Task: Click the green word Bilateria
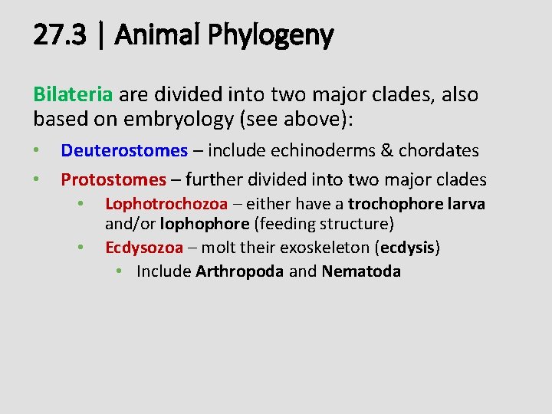coord(73,95)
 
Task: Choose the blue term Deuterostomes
coord(124,151)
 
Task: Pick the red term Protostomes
coord(113,179)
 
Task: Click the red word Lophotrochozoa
coord(166,204)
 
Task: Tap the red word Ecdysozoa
coord(144,248)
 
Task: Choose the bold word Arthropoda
coord(239,271)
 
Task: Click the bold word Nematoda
coord(361,271)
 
